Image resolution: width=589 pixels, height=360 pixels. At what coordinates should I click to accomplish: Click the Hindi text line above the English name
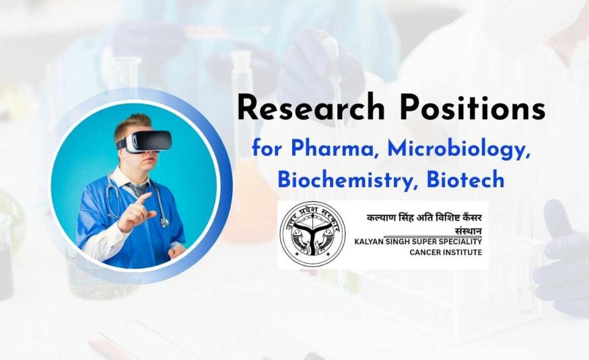click(424, 218)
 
